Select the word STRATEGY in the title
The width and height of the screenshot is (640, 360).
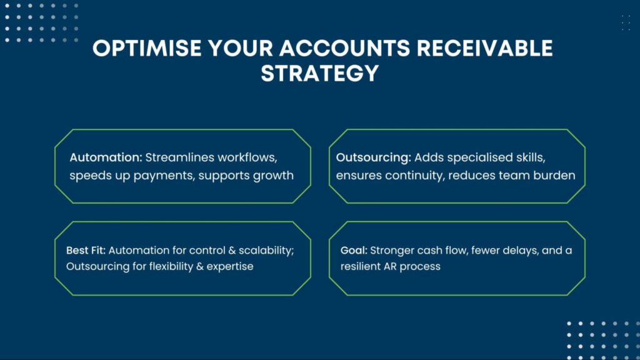click(320, 73)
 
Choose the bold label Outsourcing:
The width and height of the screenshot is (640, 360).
click(373, 157)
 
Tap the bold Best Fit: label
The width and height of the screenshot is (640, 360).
click(86, 250)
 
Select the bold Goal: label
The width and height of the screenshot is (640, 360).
click(354, 250)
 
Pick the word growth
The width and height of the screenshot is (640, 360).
click(273, 175)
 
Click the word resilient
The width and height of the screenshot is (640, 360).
click(367, 266)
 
